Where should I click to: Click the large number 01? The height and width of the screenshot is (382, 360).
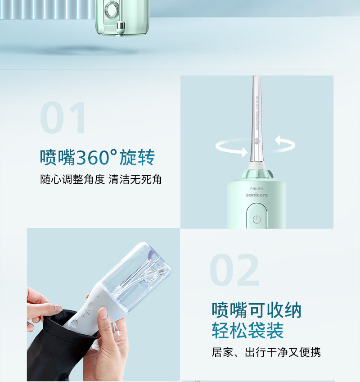[x=63, y=118]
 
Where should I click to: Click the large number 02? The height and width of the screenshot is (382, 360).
[x=234, y=269]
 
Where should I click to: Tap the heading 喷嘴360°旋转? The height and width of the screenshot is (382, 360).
[x=97, y=157]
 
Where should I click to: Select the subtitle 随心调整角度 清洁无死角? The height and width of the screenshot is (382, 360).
[x=101, y=180]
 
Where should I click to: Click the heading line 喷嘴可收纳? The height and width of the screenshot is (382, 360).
[x=256, y=310]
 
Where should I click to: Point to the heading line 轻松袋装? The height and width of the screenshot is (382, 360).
[x=247, y=330]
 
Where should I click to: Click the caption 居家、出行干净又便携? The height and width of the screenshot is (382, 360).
[x=266, y=352]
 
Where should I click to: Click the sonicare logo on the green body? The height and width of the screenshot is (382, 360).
[x=256, y=195]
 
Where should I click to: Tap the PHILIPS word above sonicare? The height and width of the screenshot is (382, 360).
[x=256, y=189]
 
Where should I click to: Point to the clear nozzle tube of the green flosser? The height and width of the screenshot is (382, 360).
[x=256, y=119]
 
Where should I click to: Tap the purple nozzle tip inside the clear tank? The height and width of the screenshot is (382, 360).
[x=150, y=255]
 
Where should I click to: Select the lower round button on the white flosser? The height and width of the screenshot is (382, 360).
[x=74, y=323]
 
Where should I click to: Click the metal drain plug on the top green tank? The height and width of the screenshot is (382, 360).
[x=121, y=27]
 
